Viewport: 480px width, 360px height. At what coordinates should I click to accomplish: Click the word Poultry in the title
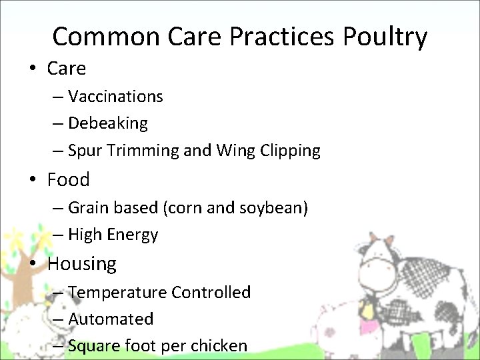tap(385, 37)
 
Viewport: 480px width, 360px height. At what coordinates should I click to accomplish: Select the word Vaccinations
tap(115, 97)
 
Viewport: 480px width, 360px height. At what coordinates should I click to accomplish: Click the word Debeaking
tap(108, 123)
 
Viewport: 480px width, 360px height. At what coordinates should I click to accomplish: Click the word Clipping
tap(291, 151)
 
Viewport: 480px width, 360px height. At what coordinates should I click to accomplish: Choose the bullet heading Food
tap(68, 179)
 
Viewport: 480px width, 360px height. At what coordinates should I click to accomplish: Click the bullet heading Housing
tap(81, 263)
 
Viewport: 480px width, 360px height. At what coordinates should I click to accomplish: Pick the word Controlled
tap(211, 292)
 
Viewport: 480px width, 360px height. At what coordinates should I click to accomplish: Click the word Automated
tap(111, 319)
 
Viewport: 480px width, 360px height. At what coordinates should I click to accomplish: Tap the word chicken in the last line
tap(220, 346)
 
